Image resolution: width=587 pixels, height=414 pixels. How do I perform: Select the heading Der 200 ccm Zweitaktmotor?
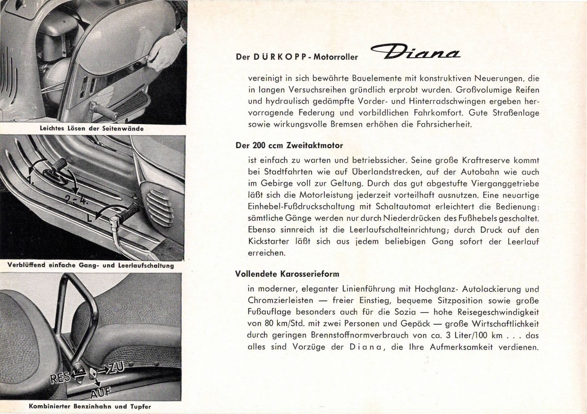289,145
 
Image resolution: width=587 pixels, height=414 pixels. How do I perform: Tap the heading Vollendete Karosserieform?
287,273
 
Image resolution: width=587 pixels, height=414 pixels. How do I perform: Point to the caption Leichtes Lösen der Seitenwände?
91,129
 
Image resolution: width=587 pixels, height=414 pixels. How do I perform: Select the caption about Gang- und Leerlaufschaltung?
90,265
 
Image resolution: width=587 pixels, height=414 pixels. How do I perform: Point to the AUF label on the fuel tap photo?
101,391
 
